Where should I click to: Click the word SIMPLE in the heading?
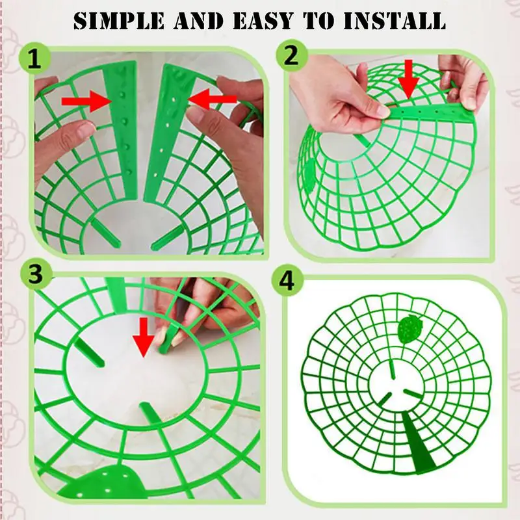pyautogui.click(x=119, y=21)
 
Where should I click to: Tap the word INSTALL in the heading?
pyautogui.click(x=395, y=21)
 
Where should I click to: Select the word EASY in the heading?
pyautogui.click(x=263, y=21)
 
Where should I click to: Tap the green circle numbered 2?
pyautogui.click(x=291, y=55)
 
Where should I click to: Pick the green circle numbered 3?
pyautogui.click(x=36, y=275)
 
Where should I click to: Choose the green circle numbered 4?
pyautogui.click(x=287, y=281)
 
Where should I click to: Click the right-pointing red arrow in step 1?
pyautogui.click(x=88, y=101)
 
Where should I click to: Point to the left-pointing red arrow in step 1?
pyautogui.click(x=213, y=99)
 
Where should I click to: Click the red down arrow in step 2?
pyautogui.click(x=409, y=79)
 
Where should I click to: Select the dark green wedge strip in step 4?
pyautogui.click(x=419, y=441)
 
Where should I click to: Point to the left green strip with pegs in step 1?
pyautogui.click(x=122, y=129)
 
